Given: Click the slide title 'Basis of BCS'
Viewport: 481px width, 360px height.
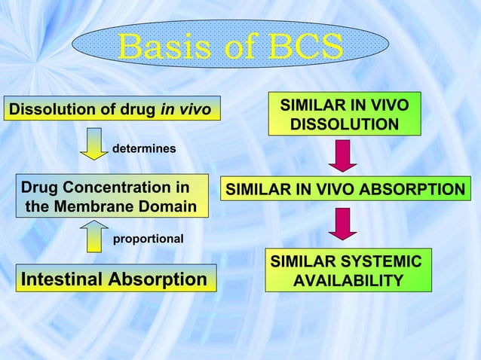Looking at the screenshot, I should coord(231,48).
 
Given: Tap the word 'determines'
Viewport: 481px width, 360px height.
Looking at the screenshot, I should coord(144,149).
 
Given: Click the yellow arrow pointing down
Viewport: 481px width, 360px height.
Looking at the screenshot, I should coord(94,144).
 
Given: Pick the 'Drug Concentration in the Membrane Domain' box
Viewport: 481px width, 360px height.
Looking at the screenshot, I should coord(112,197).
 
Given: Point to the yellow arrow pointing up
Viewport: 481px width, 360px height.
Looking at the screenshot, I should coord(94,235).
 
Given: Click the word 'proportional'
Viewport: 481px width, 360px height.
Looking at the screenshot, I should coord(148,239).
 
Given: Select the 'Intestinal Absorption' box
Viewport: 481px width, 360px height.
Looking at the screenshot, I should coord(115,280).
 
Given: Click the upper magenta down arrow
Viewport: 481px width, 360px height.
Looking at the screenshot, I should coord(344,156).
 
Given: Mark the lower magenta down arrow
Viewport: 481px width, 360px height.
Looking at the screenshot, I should coord(344,224).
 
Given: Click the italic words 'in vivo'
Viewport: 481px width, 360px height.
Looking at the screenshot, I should coord(185,111).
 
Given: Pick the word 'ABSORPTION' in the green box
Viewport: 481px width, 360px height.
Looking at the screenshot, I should coord(418,190).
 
